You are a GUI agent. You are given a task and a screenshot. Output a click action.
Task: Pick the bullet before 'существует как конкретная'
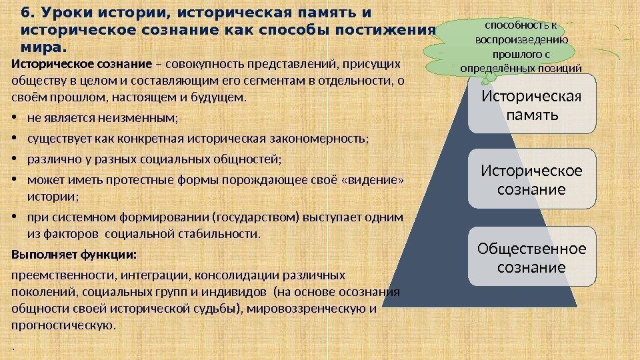pyautogui.click(x=15, y=139)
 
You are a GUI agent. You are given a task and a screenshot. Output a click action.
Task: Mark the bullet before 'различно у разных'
pyautogui.click(x=15, y=159)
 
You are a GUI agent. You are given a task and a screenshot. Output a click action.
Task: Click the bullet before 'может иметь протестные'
pyautogui.click(x=15, y=180)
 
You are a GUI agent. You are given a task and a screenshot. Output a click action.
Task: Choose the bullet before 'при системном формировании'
pyautogui.click(x=15, y=217)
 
